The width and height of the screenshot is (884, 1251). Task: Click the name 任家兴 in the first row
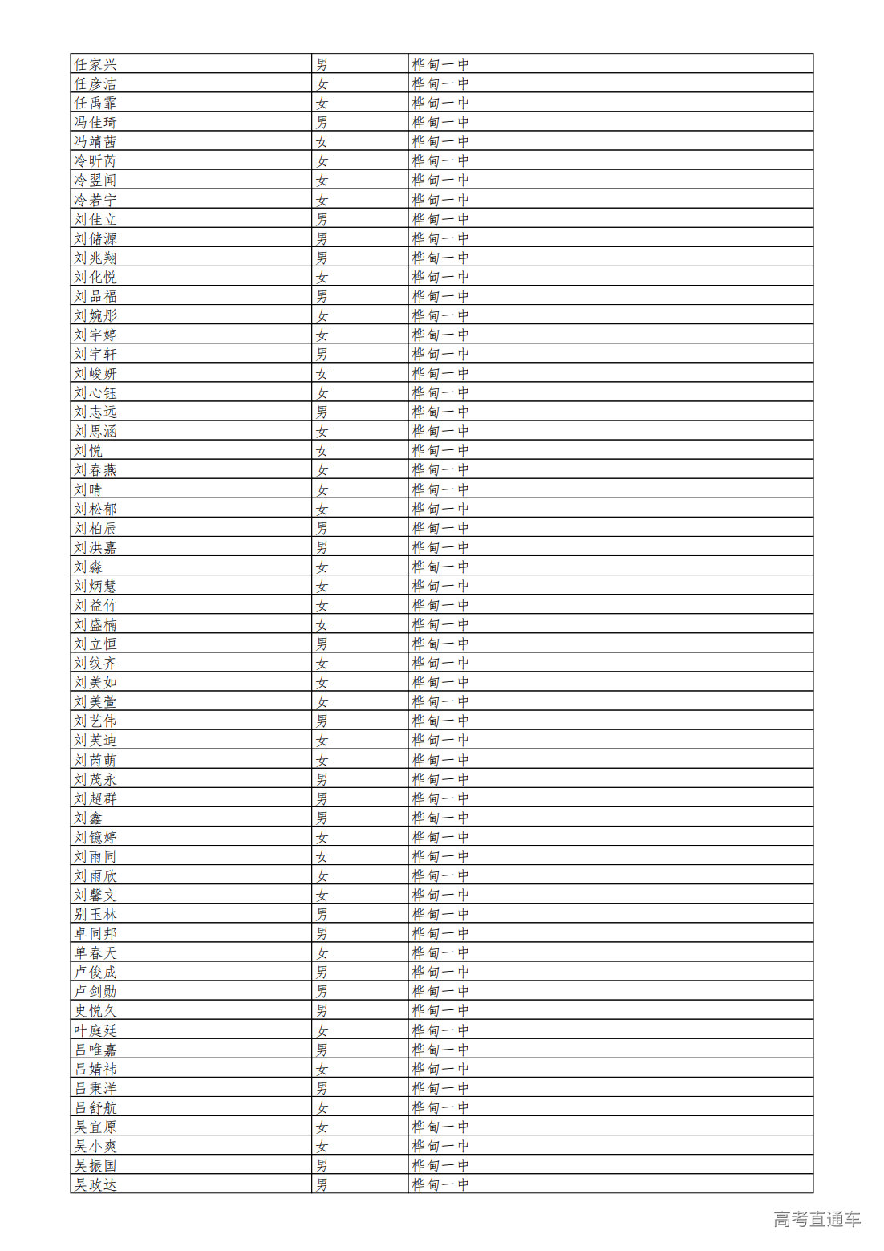pyautogui.click(x=95, y=65)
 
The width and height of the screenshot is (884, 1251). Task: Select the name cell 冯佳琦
pyautogui.click(x=95, y=123)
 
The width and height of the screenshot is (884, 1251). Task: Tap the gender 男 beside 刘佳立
pyautogui.click(x=322, y=219)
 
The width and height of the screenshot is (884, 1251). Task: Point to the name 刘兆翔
pyautogui.click(x=95, y=258)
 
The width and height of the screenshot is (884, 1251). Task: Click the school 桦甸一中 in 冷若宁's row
pyautogui.click(x=440, y=200)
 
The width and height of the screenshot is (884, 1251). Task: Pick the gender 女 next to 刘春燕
pyautogui.click(x=322, y=470)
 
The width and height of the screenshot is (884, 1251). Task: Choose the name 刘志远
pyautogui.click(x=95, y=412)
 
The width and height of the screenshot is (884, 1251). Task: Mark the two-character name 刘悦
pyautogui.click(x=88, y=451)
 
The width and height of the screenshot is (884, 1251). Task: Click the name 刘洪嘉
pyautogui.click(x=95, y=547)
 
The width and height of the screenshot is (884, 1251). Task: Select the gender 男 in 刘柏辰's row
pyautogui.click(x=322, y=528)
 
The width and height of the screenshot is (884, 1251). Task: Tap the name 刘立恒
pyautogui.click(x=95, y=644)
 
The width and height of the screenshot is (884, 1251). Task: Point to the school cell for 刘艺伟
pyautogui.click(x=440, y=721)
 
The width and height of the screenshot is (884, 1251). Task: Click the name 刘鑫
pyautogui.click(x=88, y=818)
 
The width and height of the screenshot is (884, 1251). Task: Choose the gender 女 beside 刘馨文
pyautogui.click(x=322, y=895)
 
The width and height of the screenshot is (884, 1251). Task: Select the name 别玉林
pyautogui.click(x=95, y=914)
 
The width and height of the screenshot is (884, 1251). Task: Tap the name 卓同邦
pyautogui.click(x=95, y=933)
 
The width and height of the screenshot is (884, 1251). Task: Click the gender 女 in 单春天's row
pyautogui.click(x=322, y=953)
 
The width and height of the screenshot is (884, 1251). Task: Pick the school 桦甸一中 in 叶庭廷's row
pyautogui.click(x=440, y=1030)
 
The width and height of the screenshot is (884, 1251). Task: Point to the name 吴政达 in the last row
pyautogui.click(x=95, y=1184)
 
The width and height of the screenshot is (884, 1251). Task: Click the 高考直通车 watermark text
pyautogui.click(x=817, y=1220)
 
